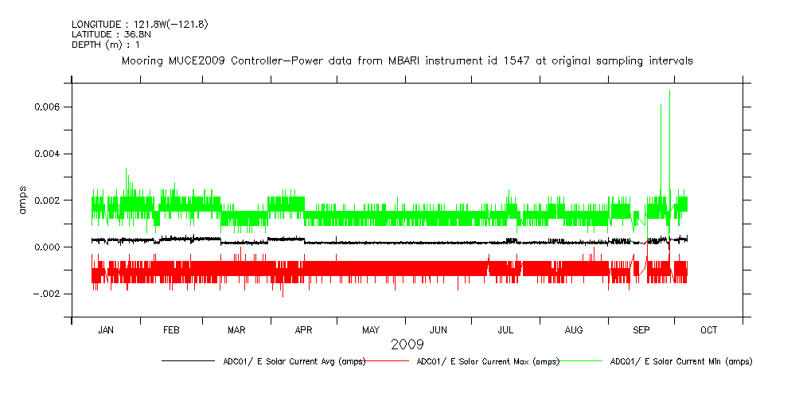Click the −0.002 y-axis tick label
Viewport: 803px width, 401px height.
click(x=47, y=294)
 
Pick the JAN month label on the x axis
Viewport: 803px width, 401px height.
click(x=106, y=330)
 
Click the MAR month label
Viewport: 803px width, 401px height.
click(x=236, y=330)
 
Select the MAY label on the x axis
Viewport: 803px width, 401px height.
click(x=371, y=330)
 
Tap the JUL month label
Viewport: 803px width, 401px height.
click(x=505, y=330)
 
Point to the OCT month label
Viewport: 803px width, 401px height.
click(x=708, y=330)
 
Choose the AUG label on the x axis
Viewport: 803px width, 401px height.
click(x=573, y=330)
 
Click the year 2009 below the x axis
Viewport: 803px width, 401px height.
click(x=407, y=345)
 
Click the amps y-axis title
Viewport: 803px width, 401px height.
click(x=23, y=199)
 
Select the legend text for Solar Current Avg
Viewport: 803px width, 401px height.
click(x=294, y=361)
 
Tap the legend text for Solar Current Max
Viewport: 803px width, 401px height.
click(x=488, y=361)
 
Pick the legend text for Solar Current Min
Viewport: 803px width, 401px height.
click(x=680, y=361)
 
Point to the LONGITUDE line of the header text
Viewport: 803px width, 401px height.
click(x=139, y=25)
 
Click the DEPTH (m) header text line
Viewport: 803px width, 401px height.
click(x=106, y=45)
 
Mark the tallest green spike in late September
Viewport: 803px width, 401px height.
click(x=669, y=92)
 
